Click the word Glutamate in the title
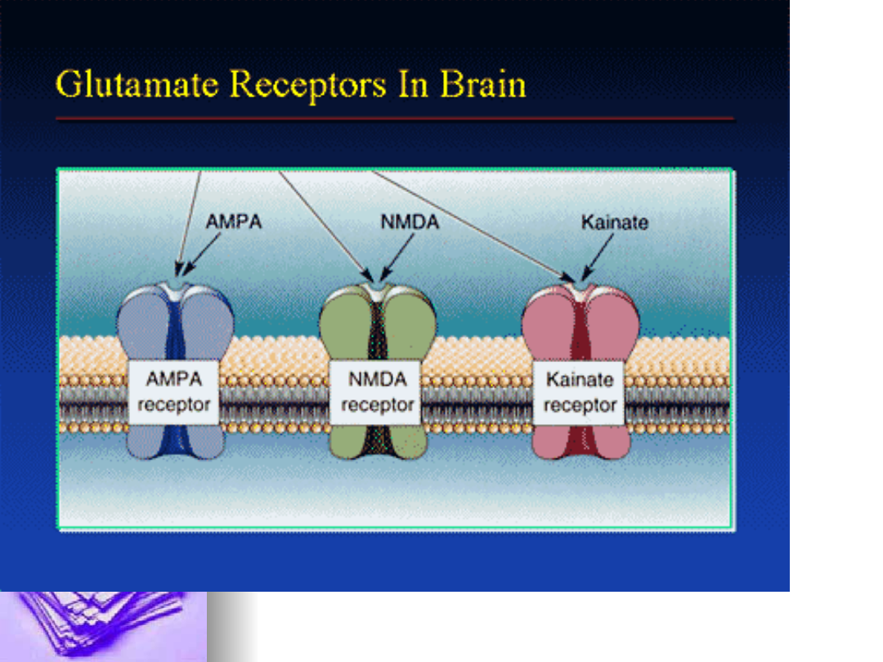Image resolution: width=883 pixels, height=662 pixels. pos(137,84)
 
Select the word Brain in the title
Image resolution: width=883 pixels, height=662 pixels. pos(482,84)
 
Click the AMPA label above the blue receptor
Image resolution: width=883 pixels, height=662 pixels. pos(234,221)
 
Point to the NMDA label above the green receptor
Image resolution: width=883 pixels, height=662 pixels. pos(410,221)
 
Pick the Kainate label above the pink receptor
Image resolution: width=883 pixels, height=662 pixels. pos(614,222)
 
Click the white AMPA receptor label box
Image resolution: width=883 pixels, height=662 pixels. pos(173,391)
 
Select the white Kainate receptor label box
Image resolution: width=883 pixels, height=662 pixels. pos(579,393)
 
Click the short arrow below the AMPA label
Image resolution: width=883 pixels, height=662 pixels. pos(202,254)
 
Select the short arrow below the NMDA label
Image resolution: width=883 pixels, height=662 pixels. pos(397,257)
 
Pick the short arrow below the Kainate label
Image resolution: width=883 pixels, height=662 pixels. pos(598,257)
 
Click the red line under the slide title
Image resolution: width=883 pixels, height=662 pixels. pos(396,119)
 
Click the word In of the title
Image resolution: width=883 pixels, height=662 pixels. pos(414,84)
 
